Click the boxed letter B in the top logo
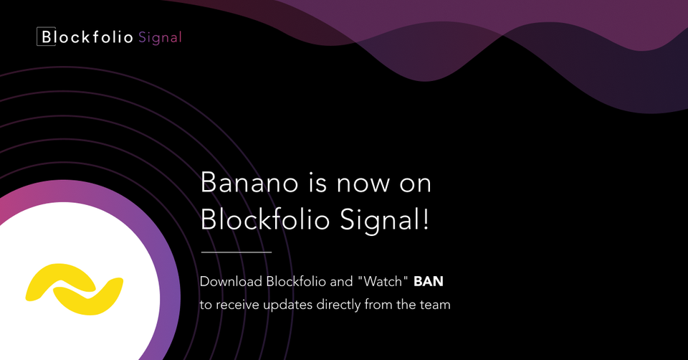pos(46,37)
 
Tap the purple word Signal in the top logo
pos(160,38)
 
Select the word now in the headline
pos(363,184)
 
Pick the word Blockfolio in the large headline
pos(265,219)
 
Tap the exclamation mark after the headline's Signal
pos(425,219)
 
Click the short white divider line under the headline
pos(236,252)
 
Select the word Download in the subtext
pos(231,281)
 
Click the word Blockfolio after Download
pos(296,281)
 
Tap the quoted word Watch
pos(383,281)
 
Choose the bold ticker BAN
pos(429,281)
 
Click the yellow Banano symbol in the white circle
pos(74,289)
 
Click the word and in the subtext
pos(341,281)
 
